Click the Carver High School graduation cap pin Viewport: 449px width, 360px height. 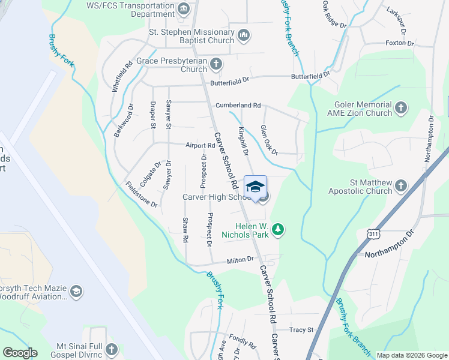click(x=255, y=186)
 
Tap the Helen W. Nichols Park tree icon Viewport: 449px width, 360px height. click(x=277, y=229)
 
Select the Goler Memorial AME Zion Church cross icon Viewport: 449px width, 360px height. click(x=401, y=108)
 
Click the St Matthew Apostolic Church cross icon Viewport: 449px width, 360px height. click(x=401, y=187)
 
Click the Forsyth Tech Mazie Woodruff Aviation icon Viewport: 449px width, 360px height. click(x=76, y=291)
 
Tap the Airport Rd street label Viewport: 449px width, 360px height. click(x=200, y=145)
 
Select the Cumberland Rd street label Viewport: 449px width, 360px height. click(x=238, y=105)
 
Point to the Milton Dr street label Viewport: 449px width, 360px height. click(x=241, y=261)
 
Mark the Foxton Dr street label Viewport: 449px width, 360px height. click(x=400, y=43)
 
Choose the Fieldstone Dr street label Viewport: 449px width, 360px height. click(x=141, y=195)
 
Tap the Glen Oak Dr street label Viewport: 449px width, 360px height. click(x=269, y=140)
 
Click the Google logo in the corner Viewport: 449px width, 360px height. click(x=19, y=353)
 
